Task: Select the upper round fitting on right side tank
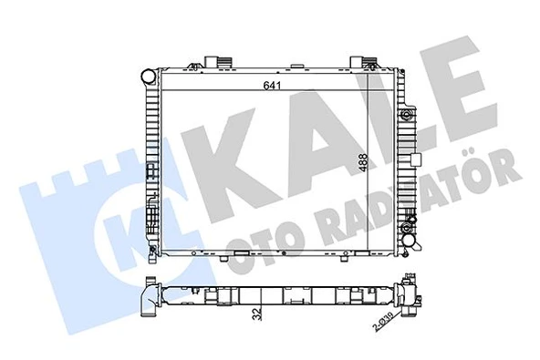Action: [x=405, y=116]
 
